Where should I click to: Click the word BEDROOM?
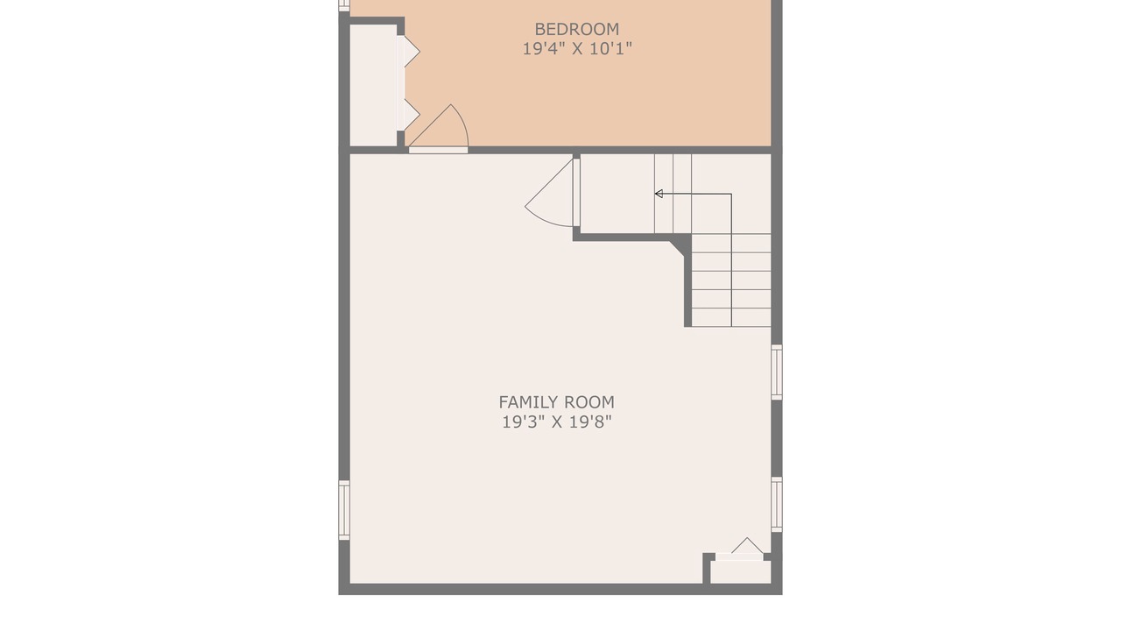point(576,29)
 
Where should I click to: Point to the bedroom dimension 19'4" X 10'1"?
point(577,48)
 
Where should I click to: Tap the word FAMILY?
point(528,402)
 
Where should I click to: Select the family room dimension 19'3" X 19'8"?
point(556,422)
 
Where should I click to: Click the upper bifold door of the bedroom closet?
point(408,51)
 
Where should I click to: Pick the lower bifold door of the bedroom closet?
point(408,115)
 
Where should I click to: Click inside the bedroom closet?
point(373,85)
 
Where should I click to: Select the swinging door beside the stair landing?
point(552,193)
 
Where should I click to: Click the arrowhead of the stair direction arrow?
point(659,194)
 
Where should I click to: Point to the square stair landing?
point(617,194)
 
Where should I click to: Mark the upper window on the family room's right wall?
point(777,372)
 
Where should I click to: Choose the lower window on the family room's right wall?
point(777,504)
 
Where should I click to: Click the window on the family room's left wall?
point(344,510)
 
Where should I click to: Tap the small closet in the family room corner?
point(741,572)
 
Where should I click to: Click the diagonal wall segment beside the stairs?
point(678,247)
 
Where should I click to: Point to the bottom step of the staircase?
point(731,317)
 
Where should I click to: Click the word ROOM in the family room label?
point(589,402)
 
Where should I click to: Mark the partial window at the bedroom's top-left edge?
point(344,5)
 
